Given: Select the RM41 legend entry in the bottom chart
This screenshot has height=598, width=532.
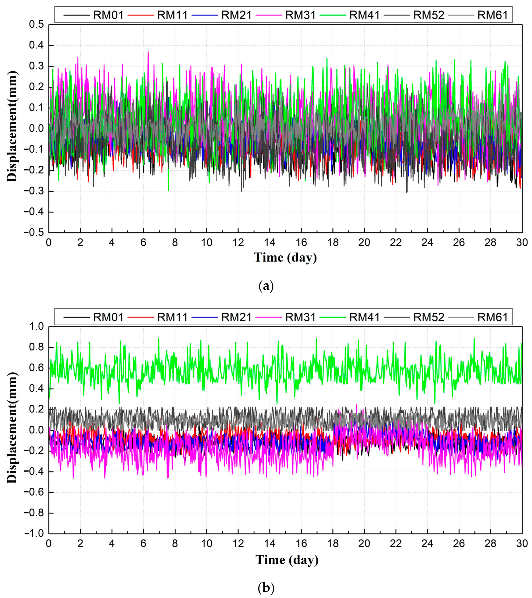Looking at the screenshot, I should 364,317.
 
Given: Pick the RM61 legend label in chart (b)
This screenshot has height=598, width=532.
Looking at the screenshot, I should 492,317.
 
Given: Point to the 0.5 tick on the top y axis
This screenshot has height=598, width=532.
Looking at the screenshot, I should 36,25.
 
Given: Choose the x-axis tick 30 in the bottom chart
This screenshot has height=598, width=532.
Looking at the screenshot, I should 521,544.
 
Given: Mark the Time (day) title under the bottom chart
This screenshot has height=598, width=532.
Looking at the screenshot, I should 287,560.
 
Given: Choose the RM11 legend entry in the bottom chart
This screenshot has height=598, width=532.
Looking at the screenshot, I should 172,317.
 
